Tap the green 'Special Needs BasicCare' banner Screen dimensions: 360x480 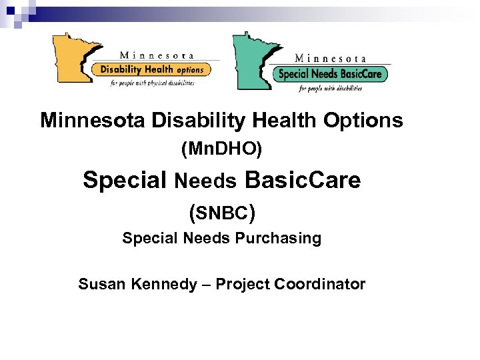click(x=330, y=74)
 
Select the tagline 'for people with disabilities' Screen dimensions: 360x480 click(x=332, y=88)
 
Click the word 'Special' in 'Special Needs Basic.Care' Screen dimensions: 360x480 click(x=125, y=180)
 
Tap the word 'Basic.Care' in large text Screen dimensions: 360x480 click(x=303, y=180)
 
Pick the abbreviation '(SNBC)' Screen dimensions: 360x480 click(x=221, y=213)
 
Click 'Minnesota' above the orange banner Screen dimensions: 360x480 click(x=157, y=56)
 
